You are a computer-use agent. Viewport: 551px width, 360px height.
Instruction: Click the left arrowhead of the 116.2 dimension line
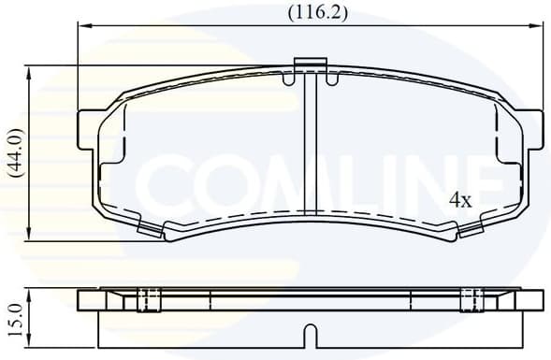[81, 29]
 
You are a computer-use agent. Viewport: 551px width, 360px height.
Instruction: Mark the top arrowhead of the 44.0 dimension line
[33, 70]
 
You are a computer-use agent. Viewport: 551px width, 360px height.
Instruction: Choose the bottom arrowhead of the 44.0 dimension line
[33, 236]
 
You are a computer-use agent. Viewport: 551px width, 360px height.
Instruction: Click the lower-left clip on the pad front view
[149, 227]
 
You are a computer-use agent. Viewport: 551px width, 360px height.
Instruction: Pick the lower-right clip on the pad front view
[470, 227]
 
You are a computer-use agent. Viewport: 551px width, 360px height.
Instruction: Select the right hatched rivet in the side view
[471, 300]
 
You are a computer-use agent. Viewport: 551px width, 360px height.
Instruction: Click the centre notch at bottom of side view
[308, 333]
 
